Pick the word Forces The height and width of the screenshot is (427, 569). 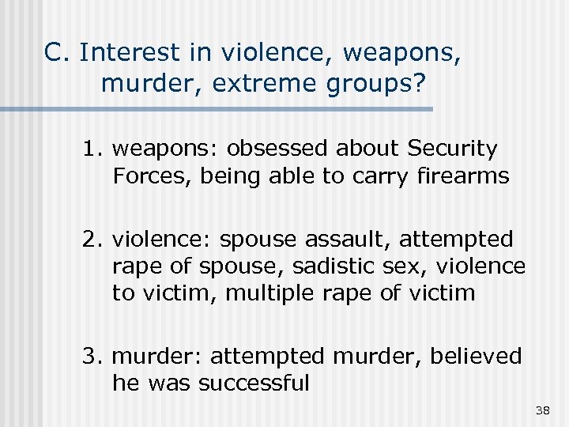(x=153, y=176)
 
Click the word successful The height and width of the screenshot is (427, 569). (x=254, y=384)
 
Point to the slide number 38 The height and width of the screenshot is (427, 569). (x=542, y=410)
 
